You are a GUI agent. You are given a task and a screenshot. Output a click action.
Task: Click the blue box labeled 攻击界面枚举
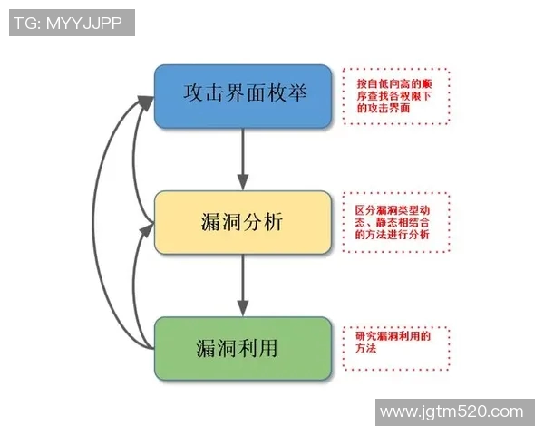point(242,95)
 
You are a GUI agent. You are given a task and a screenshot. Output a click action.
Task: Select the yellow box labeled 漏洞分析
point(242,221)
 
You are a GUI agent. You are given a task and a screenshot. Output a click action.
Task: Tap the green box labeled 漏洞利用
point(242,348)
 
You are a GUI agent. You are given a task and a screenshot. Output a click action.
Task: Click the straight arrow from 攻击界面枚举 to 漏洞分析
point(242,159)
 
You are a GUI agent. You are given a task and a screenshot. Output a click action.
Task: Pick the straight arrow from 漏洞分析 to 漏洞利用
point(242,285)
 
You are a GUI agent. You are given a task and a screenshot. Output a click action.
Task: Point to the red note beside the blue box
point(396,95)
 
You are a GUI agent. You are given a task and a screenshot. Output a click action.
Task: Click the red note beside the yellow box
point(396,221)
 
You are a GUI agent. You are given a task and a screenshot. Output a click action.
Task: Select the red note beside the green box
point(396,348)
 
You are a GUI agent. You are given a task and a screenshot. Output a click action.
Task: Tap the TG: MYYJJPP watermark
point(72,23)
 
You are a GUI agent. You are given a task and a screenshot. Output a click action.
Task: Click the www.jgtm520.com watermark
point(452,412)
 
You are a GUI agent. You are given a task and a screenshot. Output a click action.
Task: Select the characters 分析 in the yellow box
point(263,221)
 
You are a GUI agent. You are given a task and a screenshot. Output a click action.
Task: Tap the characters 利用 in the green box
point(262,348)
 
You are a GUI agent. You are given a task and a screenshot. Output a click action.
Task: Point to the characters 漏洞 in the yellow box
point(220,221)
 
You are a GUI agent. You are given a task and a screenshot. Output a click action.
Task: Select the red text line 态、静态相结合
point(393,221)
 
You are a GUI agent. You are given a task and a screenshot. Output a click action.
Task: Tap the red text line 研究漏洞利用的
point(393,336)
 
